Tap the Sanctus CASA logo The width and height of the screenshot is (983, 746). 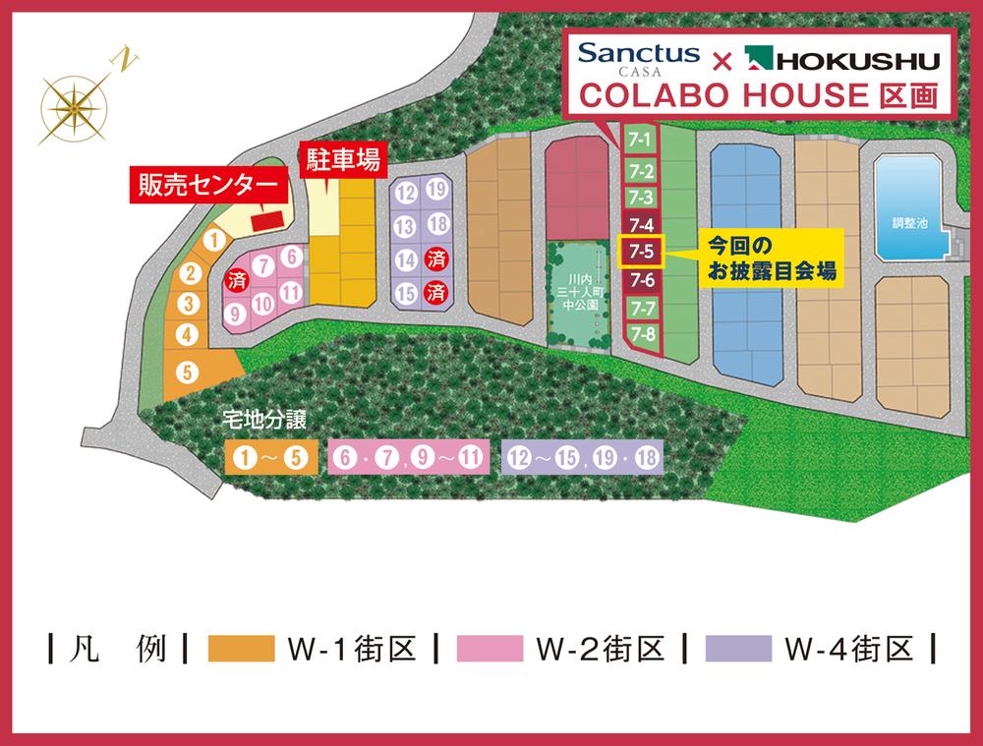click(639, 58)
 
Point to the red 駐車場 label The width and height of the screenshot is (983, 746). click(342, 159)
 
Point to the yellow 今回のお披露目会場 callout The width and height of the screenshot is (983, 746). click(771, 258)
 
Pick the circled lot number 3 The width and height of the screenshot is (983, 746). click(190, 305)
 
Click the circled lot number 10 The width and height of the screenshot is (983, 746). click(262, 305)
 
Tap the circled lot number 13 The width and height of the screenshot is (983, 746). click(405, 226)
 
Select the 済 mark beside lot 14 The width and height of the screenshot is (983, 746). click(438, 260)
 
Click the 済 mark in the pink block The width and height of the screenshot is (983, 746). click(237, 280)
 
